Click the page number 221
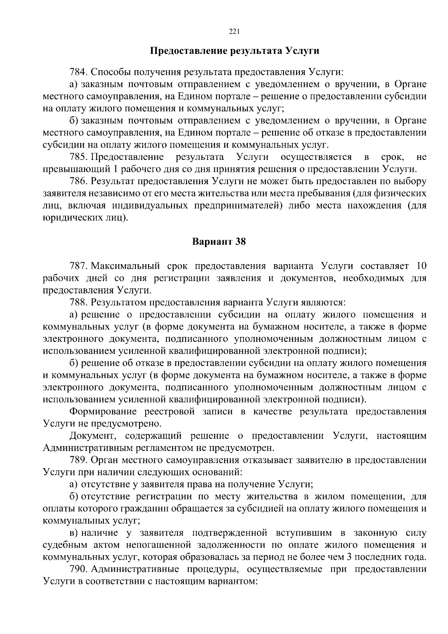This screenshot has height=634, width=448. [234, 32]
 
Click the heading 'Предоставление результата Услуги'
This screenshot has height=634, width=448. [234, 50]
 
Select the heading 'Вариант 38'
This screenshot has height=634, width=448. [219, 241]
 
